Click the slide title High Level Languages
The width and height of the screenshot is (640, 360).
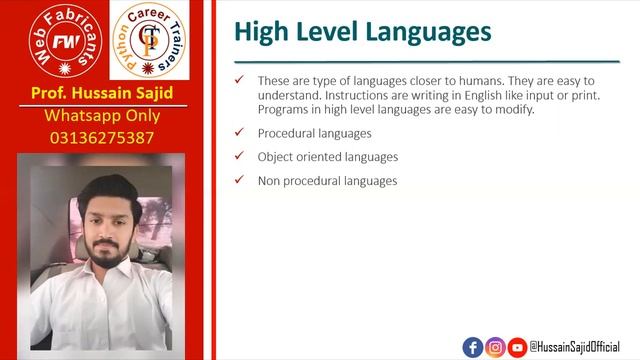(362, 32)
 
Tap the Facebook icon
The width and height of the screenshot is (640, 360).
(473, 347)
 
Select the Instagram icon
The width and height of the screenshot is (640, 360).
(495, 347)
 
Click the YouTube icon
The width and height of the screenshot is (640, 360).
(517, 347)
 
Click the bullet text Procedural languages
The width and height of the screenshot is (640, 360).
(314, 133)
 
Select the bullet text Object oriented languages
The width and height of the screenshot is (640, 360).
(328, 157)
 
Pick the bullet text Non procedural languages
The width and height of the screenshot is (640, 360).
(327, 181)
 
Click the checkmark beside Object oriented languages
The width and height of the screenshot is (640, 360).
(238, 156)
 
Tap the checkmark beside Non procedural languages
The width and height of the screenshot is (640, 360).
(238, 180)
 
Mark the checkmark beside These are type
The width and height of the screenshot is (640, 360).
(238, 80)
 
